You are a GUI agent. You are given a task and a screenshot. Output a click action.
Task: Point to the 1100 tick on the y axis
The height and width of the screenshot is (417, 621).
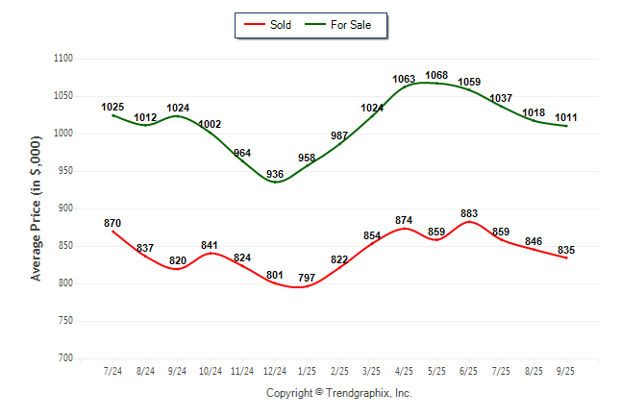point(64,59)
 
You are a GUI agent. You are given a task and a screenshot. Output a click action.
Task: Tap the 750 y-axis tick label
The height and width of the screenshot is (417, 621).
point(66,321)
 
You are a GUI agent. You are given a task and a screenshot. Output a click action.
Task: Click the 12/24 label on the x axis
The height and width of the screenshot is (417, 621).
point(275,371)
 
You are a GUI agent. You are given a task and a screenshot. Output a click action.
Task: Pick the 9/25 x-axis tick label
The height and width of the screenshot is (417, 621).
point(566,371)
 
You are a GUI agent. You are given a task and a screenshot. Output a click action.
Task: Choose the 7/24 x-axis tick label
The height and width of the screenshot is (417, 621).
point(112,371)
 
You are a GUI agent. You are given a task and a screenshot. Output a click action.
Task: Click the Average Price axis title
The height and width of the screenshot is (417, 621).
point(37,208)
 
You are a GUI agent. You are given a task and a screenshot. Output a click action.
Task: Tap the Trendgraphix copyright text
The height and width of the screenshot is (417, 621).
point(338,393)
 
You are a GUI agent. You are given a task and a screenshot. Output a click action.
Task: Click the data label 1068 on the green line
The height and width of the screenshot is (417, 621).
point(436,75)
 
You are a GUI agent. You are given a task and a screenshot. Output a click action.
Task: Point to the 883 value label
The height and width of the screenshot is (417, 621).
point(469,213)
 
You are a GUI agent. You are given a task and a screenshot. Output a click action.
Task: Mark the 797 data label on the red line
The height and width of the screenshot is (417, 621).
point(307,279)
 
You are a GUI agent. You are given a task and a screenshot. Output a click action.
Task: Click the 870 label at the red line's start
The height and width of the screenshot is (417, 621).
point(112,223)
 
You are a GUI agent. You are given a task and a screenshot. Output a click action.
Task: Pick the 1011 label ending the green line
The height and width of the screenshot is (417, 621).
point(566,117)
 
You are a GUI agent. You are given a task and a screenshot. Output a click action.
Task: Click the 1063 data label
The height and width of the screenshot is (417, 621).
point(404,79)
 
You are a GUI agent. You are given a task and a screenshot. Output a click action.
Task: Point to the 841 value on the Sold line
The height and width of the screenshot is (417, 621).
point(210,245)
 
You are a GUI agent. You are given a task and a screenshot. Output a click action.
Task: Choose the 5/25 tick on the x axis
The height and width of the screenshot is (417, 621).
point(436,371)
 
